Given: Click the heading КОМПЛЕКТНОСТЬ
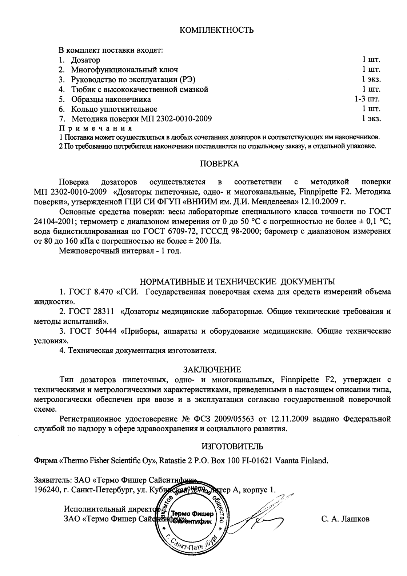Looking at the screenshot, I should click(217, 30).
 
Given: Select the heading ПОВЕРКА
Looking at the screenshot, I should click(220, 164).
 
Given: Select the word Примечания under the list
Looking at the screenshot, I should click(95, 128).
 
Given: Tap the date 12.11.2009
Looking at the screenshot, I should click(293, 419).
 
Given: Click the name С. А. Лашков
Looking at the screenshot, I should click(345, 519).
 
